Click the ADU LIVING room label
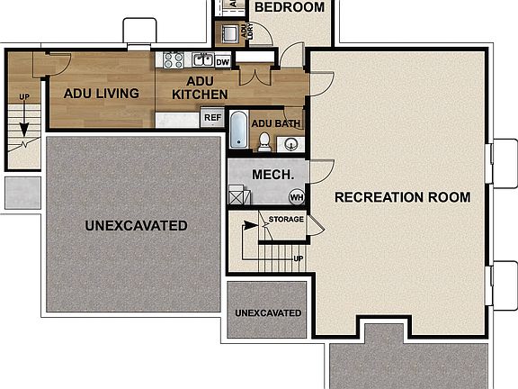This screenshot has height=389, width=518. point(101,93)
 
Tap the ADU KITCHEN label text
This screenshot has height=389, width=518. point(200,87)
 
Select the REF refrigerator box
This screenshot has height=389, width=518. point(212,117)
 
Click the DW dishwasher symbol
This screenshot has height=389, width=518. point(222,61)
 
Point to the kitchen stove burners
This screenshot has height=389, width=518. point(173,60)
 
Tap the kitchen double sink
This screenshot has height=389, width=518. point(202,60)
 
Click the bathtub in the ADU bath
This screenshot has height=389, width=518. point(238,130)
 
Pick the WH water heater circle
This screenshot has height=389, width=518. point(296,197)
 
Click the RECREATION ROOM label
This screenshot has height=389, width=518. point(402,196)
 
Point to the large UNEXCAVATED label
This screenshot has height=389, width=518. point(136,224)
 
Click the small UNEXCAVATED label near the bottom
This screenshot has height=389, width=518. point(267,312)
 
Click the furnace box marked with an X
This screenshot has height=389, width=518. point(238,195)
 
